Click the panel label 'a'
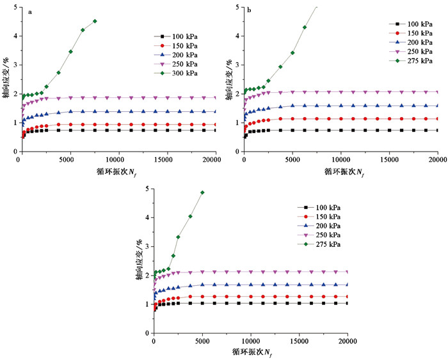point(31,12)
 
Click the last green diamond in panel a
point(95,21)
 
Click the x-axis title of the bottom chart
point(251,352)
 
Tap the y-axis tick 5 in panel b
point(237,7)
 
